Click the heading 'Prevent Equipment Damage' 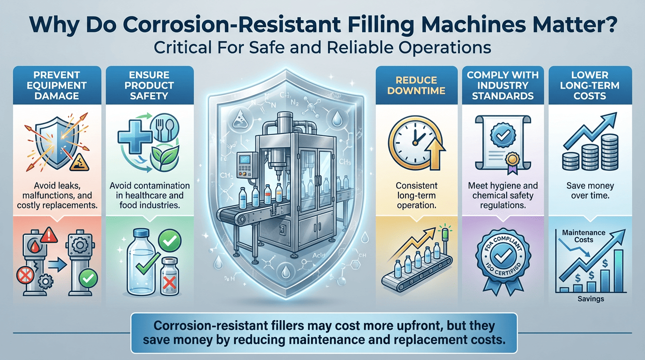tap(57, 85)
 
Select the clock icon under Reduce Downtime tap(410, 140)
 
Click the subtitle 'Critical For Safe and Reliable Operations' tap(322, 47)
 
